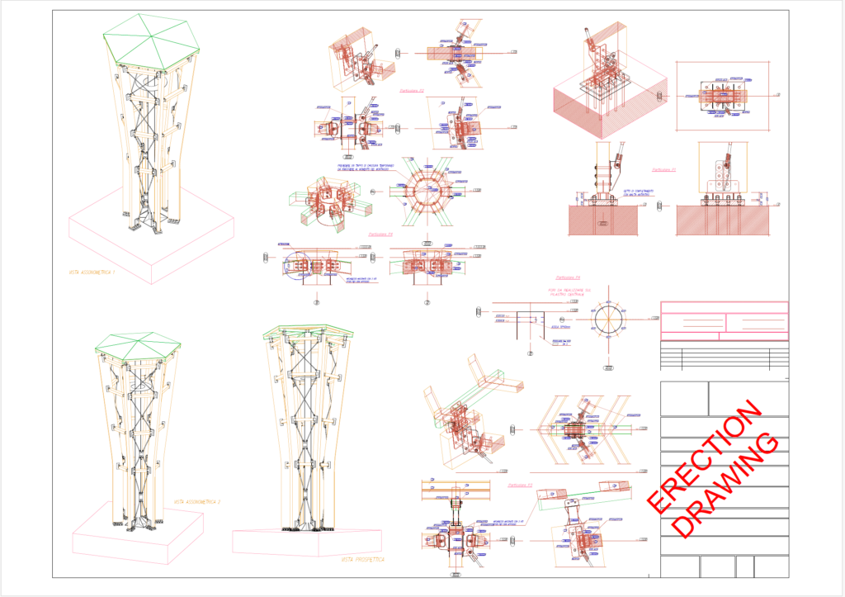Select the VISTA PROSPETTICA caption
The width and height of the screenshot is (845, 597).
coord(362,559)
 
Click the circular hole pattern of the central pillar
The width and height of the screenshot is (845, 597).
coord(611,322)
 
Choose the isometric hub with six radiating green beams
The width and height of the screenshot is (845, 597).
coord(326,204)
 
